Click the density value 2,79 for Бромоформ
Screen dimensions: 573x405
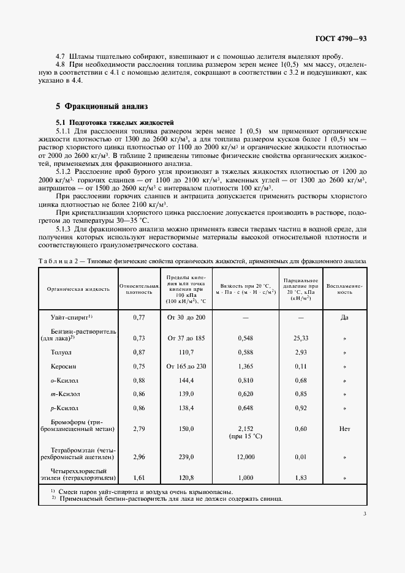tap(138, 429)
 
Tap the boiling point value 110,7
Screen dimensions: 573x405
tap(185, 353)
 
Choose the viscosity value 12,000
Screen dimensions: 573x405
tap(245, 457)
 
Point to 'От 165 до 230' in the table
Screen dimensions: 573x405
tap(186, 366)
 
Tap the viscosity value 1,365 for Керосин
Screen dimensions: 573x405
tap(245, 366)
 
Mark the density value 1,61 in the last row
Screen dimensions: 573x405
tap(138, 476)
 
